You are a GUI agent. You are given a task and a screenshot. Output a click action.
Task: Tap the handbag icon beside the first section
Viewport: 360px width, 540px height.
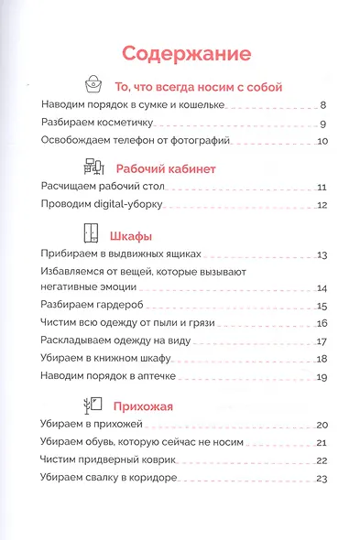[94, 85]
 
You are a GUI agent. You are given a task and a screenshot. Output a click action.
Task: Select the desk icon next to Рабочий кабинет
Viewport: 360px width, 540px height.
[93, 167]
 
